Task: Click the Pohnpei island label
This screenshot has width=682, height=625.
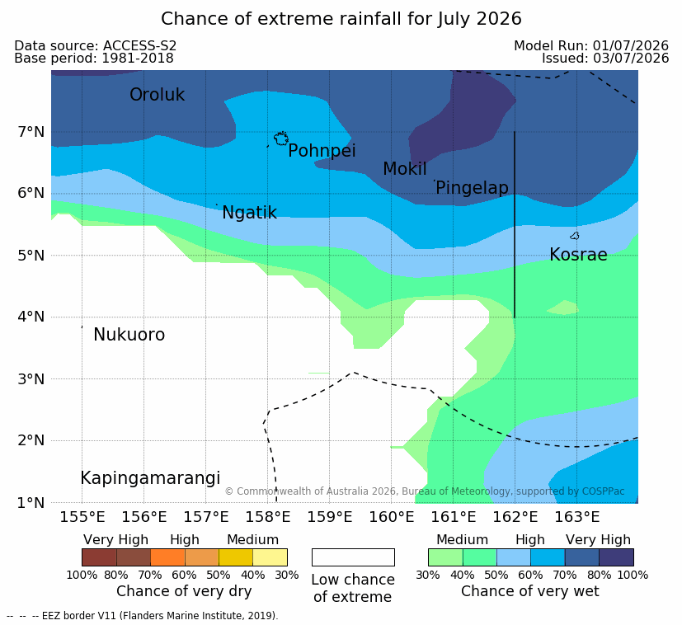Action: coord(322,151)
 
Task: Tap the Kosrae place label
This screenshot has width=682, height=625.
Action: coord(578,255)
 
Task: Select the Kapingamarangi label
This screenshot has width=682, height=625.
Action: coord(150,478)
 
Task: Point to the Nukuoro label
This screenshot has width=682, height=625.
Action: coord(129,335)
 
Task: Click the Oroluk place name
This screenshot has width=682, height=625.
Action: coord(157,94)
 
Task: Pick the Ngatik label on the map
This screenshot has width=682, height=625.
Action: coord(249,213)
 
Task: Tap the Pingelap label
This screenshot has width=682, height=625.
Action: coord(472,188)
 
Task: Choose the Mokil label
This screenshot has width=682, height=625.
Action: coord(405,169)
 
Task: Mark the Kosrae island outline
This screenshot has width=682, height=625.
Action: coord(575,236)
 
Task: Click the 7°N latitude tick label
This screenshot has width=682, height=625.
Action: coord(31,131)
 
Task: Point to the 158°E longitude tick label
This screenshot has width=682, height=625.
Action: coord(267,517)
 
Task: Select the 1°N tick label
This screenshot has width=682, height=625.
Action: coord(31,503)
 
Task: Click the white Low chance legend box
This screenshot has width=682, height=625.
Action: coord(353,557)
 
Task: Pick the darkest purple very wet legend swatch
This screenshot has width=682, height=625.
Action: coord(616,557)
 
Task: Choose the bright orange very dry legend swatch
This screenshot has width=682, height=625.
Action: coord(168,557)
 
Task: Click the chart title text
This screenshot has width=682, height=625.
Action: coord(341,19)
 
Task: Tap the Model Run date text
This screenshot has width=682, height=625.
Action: coord(591,45)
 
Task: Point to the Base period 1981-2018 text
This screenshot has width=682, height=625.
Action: coord(94,59)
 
